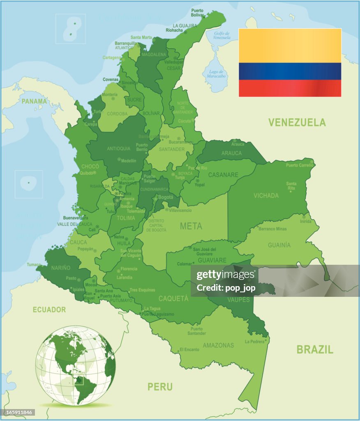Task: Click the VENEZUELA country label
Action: [x=297, y=122]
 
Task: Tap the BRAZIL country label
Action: [x=315, y=349]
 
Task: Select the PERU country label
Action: [x=160, y=386]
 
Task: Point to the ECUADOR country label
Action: [x=49, y=310]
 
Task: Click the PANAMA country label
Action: [x=35, y=101]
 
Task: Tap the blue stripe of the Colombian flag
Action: [x=290, y=71]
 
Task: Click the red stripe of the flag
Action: [x=290, y=88]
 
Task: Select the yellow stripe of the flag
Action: [x=290, y=46]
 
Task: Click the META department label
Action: [x=191, y=226]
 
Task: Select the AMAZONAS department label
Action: [x=218, y=345]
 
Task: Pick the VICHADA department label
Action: [x=266, y=196]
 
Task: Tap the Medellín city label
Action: [x=129, y=161]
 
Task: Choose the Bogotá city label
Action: [x=166, y=197]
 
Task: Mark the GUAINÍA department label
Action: [x=279, y=245]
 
